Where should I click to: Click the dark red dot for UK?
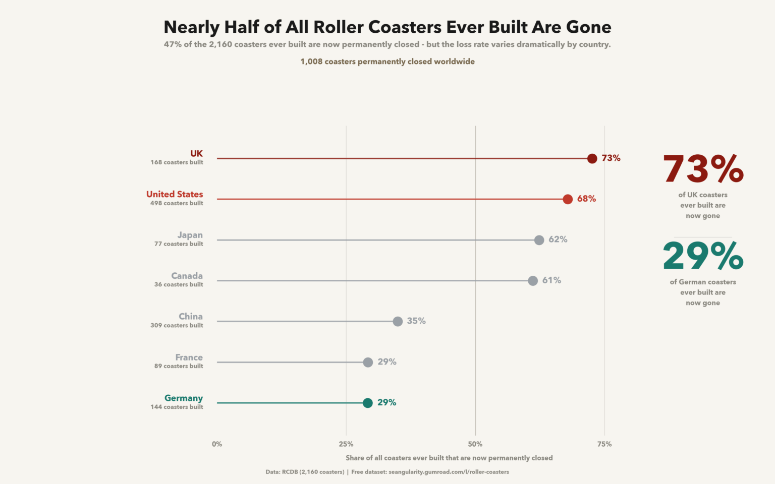(592, 158)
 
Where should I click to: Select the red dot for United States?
(568, 199)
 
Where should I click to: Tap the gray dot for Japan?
(539, 240)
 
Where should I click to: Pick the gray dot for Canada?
(533, 281)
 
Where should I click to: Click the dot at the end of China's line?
(398, 321)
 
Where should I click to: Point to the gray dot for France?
(368, 362)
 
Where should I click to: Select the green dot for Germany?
(368, 403)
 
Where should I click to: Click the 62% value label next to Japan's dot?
(558, 239)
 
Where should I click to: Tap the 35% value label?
(416, 321)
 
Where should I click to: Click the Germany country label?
(183, 398)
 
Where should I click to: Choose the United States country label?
(175, 194)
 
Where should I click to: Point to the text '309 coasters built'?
(177, 325)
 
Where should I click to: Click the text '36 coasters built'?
(179, 284)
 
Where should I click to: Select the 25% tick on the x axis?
(346, 444)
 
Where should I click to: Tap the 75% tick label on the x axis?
(604, 444)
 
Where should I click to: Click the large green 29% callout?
(703, 256)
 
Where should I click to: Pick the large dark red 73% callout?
(703, 169)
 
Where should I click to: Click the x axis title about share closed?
(449, 458)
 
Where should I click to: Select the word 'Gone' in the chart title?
(588, 27)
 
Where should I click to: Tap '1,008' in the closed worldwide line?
(311, 62)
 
